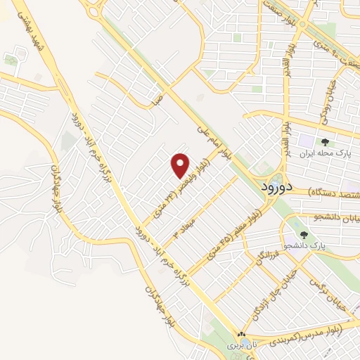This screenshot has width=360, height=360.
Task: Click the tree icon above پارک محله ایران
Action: (322, 141)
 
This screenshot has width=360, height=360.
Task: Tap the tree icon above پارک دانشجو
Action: (304, 236)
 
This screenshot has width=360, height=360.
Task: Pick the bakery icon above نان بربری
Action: (241, 336)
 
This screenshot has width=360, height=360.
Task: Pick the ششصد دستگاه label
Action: (333, 191)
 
